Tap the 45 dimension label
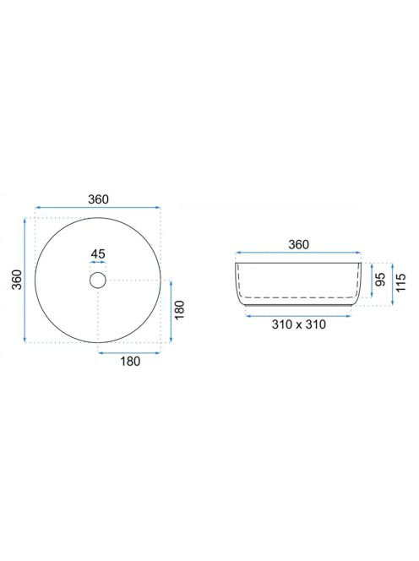pos(98,253)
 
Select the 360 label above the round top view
pos(98,199)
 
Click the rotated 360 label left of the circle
pos(16,280)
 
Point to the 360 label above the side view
pos(298,244)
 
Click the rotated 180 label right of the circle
pos(179,310)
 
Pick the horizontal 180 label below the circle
pos(130,361)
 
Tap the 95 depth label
pos(381,279)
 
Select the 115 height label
pos(401,282)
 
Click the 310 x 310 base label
pos(299,324)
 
